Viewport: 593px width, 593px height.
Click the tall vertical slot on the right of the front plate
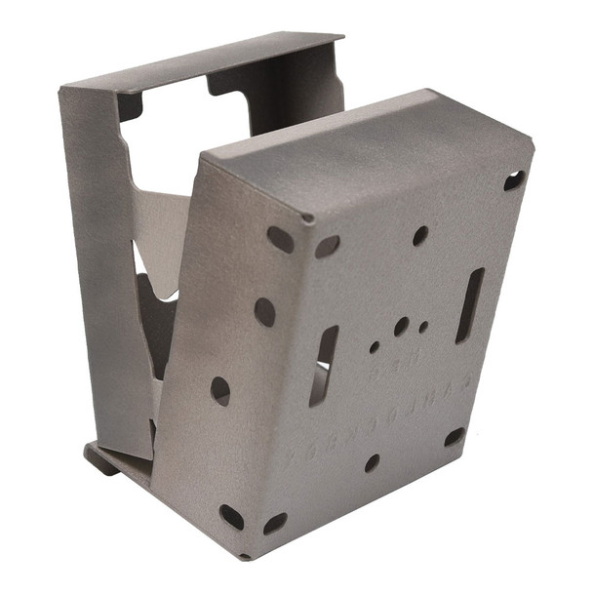(469, 305)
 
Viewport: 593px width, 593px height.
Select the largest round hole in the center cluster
(401, 326)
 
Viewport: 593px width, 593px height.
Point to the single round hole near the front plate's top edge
(419, 235)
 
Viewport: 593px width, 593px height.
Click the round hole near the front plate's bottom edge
(372, 462)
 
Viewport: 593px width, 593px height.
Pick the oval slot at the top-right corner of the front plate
(513, 180)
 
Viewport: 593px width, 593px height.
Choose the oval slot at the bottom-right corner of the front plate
(454, 437)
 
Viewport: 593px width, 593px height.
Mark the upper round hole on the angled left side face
(264, 312)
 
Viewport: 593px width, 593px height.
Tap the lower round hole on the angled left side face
(220, 391)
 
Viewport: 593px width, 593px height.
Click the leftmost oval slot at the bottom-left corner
(231, 516)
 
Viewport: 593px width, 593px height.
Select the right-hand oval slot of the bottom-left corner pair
(275, 524)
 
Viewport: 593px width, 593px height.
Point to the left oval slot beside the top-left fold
(280, 239)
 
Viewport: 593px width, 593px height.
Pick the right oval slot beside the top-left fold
(327, 246)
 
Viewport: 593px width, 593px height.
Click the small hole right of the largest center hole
(423, 328)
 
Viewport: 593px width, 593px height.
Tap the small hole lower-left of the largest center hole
(374, 346)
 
